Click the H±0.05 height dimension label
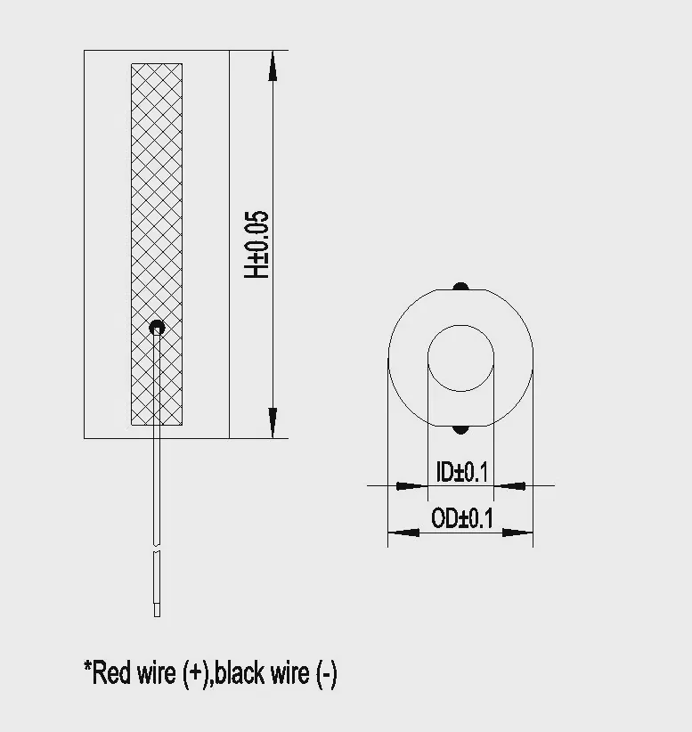pos(256,245)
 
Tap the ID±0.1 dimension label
pos(461,472)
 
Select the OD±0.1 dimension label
pos(462,518)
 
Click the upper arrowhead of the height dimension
pos(273,66)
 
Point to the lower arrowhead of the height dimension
pos(273,423)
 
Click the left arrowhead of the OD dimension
pos(403,533)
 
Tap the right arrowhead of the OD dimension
pos(517,533)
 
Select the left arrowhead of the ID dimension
pos(411,486)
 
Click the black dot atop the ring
pos(460,286)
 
